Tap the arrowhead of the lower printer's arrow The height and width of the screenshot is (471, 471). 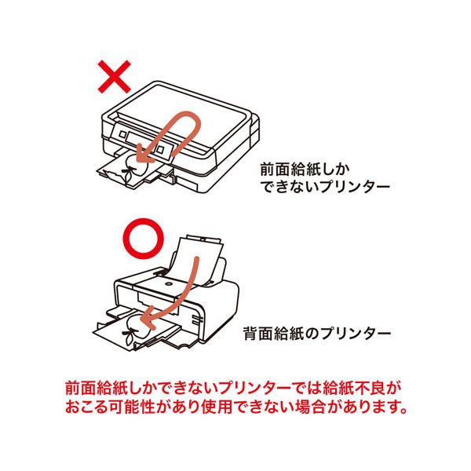pos(146,319)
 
